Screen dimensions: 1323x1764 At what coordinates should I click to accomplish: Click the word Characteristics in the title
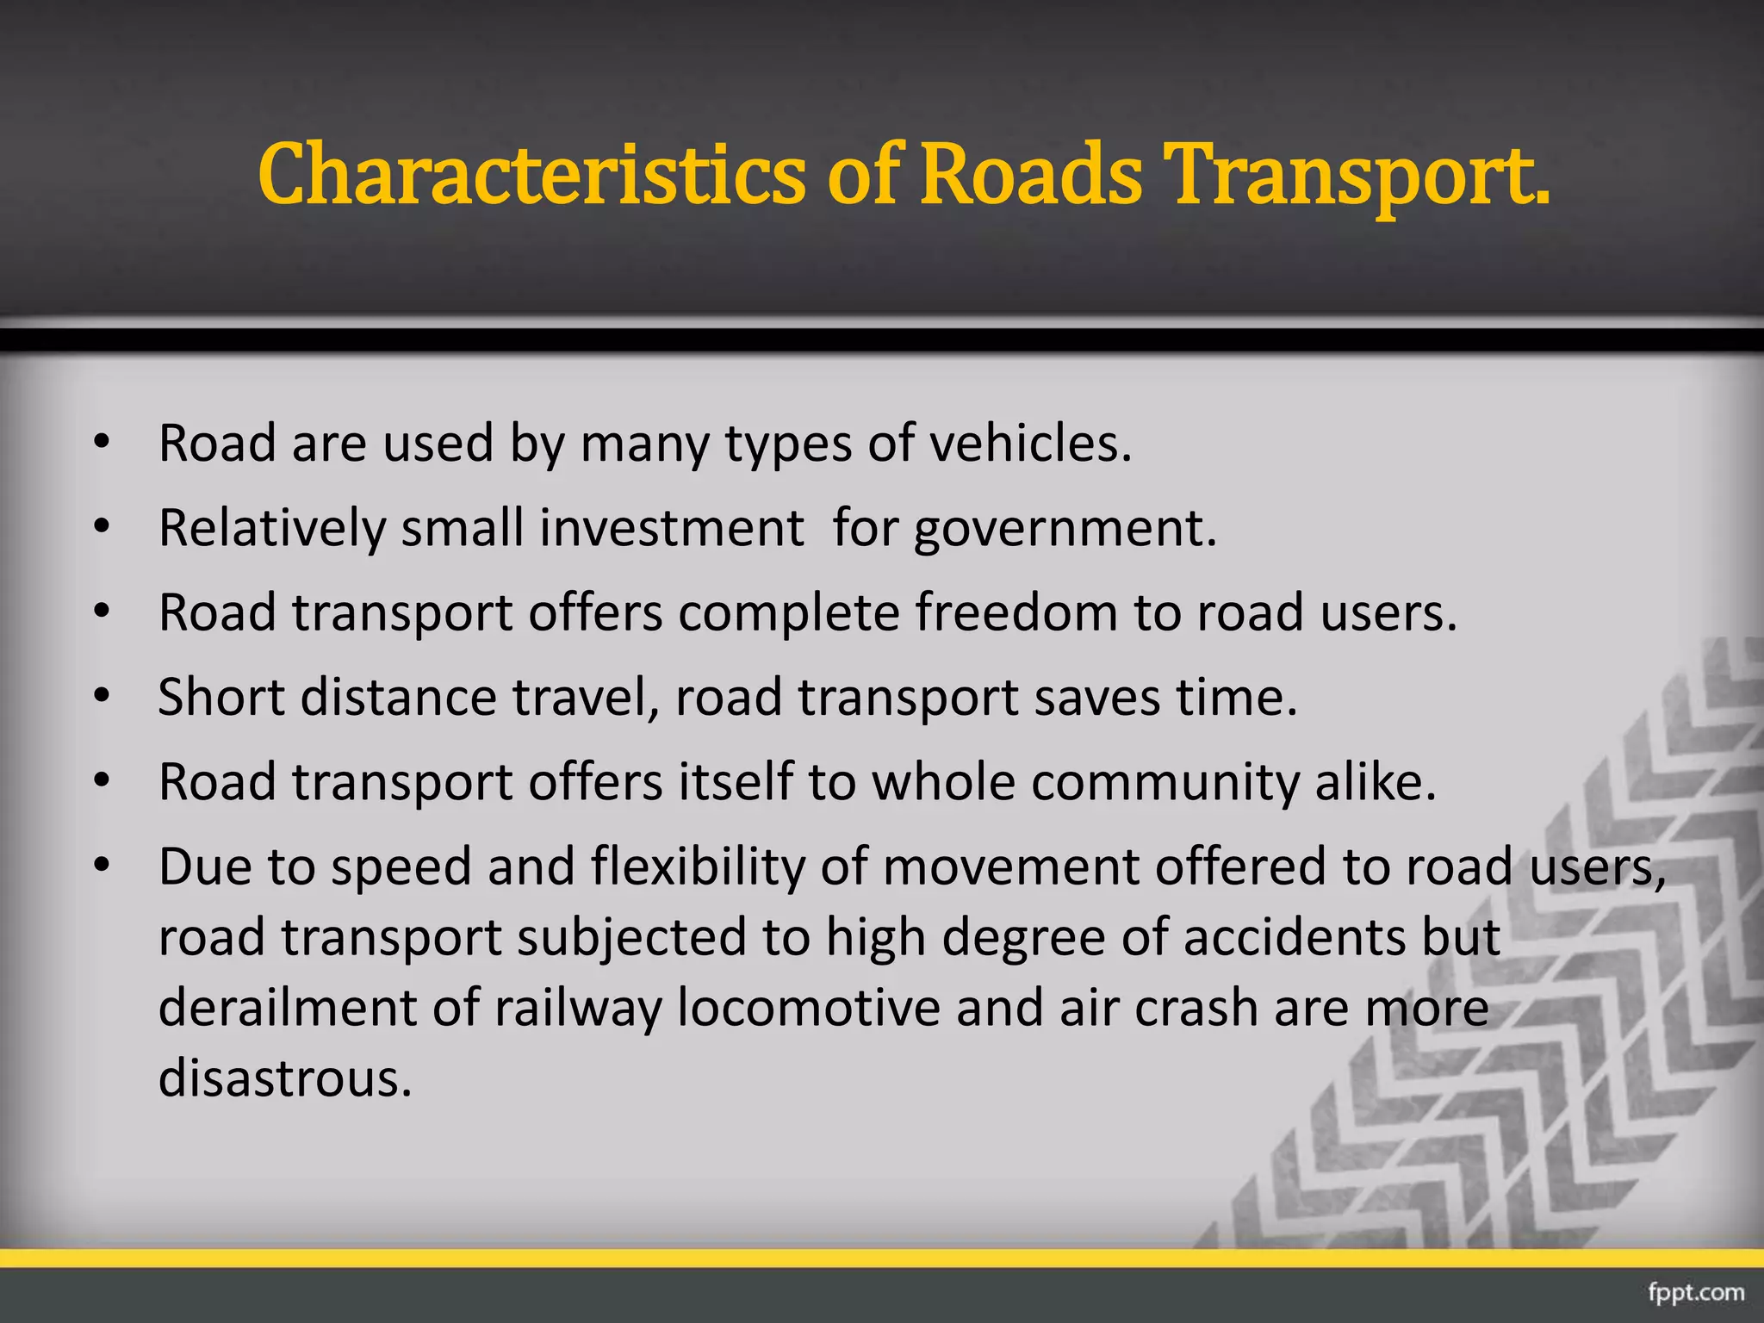[531, 175]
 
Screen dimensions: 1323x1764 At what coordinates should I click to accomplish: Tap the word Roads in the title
[1031, 175]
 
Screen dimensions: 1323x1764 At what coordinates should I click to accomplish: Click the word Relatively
[272, 529]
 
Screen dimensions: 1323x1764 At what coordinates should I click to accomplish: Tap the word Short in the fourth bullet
[221, 697]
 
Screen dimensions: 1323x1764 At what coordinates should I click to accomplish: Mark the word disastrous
[285, 1078]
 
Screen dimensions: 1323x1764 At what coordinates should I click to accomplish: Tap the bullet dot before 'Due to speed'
[102, 866]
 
